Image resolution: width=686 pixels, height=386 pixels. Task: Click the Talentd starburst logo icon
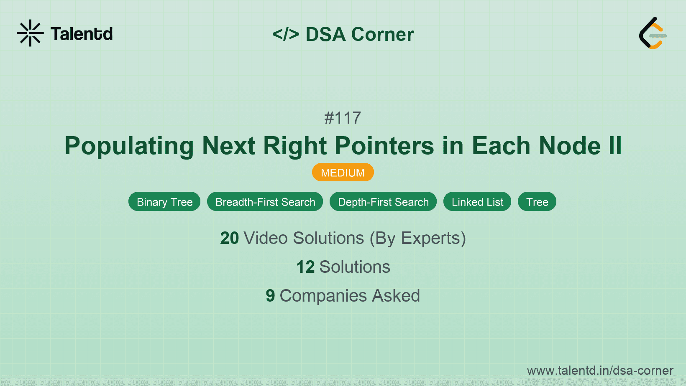30,33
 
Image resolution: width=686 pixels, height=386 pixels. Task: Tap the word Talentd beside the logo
82,34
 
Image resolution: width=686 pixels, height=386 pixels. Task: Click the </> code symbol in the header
286,34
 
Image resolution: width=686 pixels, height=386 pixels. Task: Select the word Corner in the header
382,34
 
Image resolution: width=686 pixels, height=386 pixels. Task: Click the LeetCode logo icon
652,33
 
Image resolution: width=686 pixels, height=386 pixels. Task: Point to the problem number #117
343,118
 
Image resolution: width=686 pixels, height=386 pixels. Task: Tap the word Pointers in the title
384,146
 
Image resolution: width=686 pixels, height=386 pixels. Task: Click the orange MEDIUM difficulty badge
343,173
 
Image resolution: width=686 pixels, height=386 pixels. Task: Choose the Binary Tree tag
164,202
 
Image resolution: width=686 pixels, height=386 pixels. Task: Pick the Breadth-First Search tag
265,202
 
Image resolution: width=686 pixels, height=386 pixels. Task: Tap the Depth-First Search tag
383,202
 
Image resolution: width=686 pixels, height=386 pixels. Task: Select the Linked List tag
477,202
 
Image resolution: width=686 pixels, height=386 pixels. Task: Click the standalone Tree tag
537,202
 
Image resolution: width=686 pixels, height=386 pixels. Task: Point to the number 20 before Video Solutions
229,238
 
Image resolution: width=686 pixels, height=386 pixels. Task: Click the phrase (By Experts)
417,238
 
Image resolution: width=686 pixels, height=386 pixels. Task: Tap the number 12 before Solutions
305,267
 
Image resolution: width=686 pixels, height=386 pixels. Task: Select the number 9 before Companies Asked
270,296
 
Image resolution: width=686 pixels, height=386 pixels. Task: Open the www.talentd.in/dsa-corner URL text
600,371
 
